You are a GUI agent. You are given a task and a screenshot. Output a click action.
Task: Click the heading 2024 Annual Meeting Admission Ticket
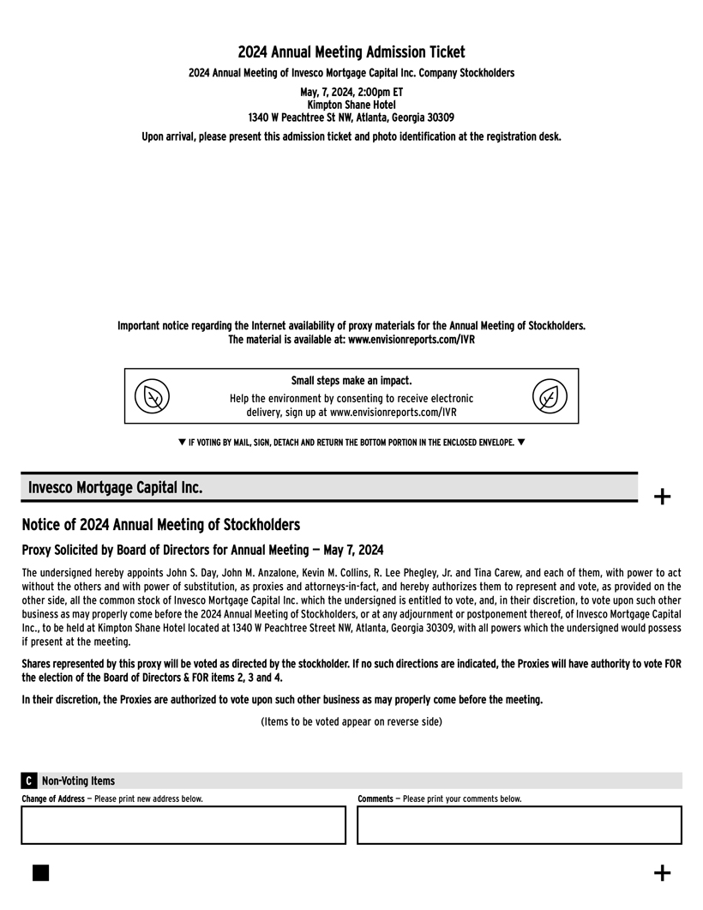[351, 53]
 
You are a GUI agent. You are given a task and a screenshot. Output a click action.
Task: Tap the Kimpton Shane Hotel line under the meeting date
[351, 105]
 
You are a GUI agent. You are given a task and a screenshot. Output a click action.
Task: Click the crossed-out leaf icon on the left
[153, 396]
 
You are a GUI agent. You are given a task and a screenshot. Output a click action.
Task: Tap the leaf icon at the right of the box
[550, 396]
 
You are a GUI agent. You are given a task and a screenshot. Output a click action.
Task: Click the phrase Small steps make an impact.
[351, 381]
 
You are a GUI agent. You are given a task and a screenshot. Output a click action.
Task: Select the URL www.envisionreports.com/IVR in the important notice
[412, 340]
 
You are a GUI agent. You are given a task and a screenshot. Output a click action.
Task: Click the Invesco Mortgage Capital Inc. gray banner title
[116, 487]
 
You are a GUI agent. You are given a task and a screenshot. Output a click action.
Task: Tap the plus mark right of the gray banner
[662, 496]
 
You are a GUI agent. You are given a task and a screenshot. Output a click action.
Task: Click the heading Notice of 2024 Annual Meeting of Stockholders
[161, 524]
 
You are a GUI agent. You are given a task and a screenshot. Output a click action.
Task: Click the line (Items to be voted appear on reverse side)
[351, 721]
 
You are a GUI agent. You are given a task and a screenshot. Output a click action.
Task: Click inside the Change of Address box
[183, 825]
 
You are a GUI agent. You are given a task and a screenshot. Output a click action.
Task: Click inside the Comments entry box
[519, 825]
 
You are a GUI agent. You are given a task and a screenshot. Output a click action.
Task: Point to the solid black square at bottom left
[40, 872]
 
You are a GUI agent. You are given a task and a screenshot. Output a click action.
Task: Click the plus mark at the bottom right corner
[662, 873]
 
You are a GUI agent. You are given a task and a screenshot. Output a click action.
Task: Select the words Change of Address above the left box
[53, 799]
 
